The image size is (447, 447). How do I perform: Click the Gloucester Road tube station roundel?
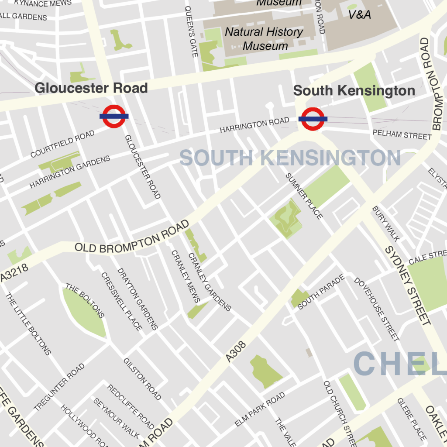pyautogui.click(x=114, y=116)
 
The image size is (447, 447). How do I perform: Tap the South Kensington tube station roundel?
pyautogui.click(x=313, y=119)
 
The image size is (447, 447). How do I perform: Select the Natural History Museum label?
pyautogui.click(x=265, y=39)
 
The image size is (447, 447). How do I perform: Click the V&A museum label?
pyautogui.click(x=359, y=15)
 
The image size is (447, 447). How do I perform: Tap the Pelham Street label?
pyautogui.click(x=402, y=134)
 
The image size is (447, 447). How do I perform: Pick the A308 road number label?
pyautogui.click(x=236, y=351)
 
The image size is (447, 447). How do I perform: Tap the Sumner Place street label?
pyautogui.click(x=304, y=196)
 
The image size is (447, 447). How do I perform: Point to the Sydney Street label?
pyautogui.click(x=407, y=285)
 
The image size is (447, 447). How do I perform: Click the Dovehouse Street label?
pyautogui.click(x=376, y=309)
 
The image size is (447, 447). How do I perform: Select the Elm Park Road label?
pyautogui.click(x=260, y=409)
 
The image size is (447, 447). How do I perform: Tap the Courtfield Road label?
pyautogui.click(x=62, y=144)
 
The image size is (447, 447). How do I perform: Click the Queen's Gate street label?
pyautogui.click(x=192, y=32)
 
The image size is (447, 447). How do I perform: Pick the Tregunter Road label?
pyautogui.click(x=59, y=387)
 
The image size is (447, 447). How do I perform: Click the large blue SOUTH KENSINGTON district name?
pyautogui.click(x=290, y=158)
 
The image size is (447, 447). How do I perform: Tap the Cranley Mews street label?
pyautogui.click(x=186, y=276)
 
